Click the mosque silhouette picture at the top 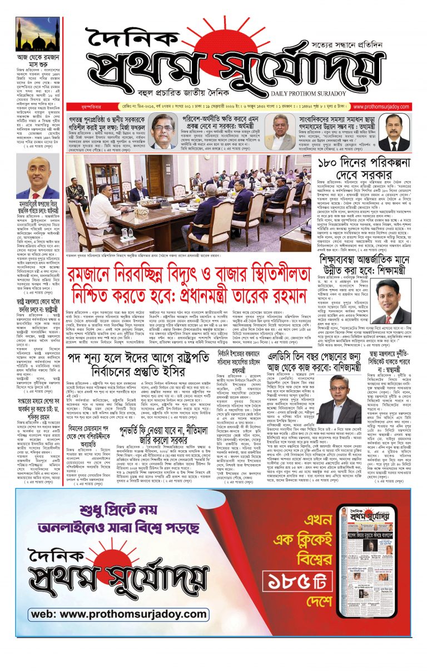point(37,34)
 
